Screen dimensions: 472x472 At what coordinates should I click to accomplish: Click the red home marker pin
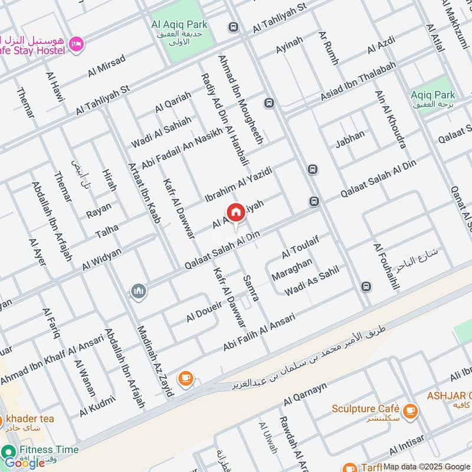[x=235, y=212]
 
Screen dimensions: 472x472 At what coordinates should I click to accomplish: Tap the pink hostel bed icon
[x=76, y=44]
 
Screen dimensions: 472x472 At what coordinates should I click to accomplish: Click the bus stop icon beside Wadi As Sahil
[x=366, y=287]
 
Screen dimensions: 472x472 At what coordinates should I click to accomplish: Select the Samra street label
[x=251, y=287]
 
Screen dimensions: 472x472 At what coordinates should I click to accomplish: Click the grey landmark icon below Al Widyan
[x=139, y=291]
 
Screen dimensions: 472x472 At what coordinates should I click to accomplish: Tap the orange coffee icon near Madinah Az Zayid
[x=185, y=378]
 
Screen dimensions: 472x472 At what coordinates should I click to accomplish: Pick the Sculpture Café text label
[x=366, y=408]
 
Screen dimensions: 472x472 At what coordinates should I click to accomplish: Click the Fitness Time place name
[x=48, y=450]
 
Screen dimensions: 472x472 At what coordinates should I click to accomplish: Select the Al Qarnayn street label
[x=304, y=395]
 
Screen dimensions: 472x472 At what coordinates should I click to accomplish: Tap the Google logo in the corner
[x=25, y=463]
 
